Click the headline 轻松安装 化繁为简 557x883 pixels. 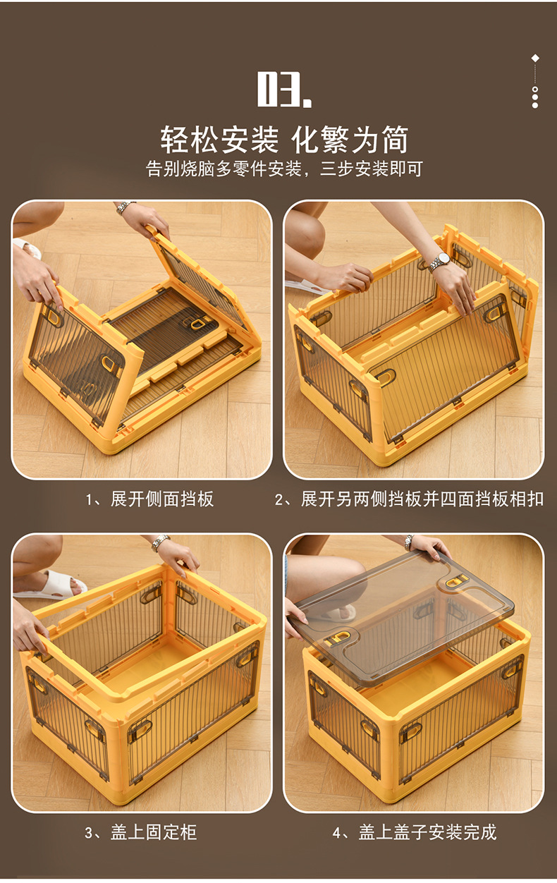coord(284,140)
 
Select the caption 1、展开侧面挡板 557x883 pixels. coord(149,499)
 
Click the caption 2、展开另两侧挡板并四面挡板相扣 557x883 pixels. coord(409,499)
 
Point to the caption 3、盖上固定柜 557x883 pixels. coord(141,832)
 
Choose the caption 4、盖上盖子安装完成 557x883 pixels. coord(415,832)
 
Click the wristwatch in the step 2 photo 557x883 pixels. coord(439,260)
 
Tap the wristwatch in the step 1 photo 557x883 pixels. coord(126,207)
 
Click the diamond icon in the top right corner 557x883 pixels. coord(535,58)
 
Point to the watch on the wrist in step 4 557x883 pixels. coord(409,542)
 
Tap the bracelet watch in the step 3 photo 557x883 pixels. coord(160,542)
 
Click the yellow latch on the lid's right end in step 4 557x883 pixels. coord(456,583)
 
